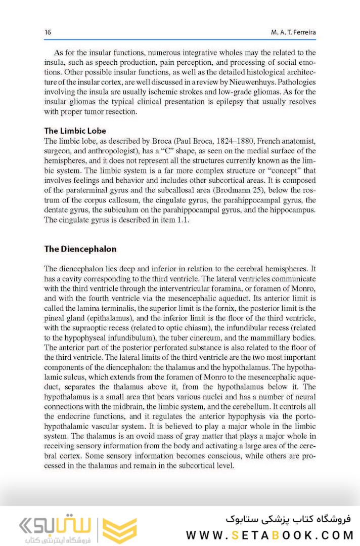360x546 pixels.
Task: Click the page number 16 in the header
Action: [x=48, y=32]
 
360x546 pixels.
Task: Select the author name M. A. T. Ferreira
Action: [x=293, y=32]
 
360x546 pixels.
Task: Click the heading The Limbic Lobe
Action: [x=75, y=131]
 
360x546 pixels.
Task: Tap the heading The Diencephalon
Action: [x=80, y=249]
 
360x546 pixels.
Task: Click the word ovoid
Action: [x=152, y=436]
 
